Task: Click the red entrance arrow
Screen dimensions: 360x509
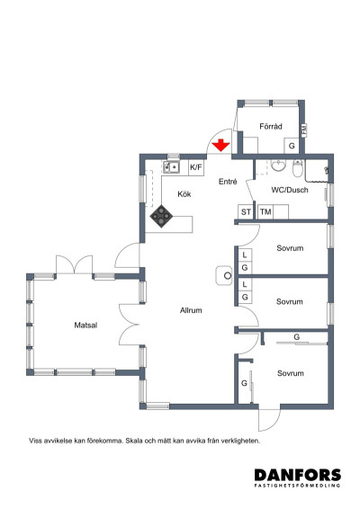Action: point(220,145)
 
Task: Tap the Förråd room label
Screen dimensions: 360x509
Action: point(271,126)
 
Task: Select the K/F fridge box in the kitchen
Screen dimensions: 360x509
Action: point(196,167)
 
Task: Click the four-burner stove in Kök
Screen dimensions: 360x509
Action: point(161,216)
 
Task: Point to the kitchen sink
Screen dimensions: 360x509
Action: point(171,167)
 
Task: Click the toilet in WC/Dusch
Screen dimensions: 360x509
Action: point(297,167)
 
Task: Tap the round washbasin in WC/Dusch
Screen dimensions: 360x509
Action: point(278,165)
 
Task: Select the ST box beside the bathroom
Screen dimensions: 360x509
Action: point(246,212)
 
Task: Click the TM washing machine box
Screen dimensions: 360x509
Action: point(265,212)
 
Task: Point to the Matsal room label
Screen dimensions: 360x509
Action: point(85,325)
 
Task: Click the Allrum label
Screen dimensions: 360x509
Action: point(191,310)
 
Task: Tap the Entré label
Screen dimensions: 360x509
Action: point(228,182)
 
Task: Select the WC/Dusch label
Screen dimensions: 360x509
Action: point(290,190)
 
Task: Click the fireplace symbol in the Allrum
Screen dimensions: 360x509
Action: point(224,275)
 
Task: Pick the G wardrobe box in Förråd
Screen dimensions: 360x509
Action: point(292,146)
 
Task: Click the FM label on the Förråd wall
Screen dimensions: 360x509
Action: point(304,130)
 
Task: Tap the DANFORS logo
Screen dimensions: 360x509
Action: point(298,475)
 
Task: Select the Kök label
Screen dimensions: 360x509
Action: point(184,194)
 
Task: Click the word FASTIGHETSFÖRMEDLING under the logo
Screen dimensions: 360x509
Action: point(298,486)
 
